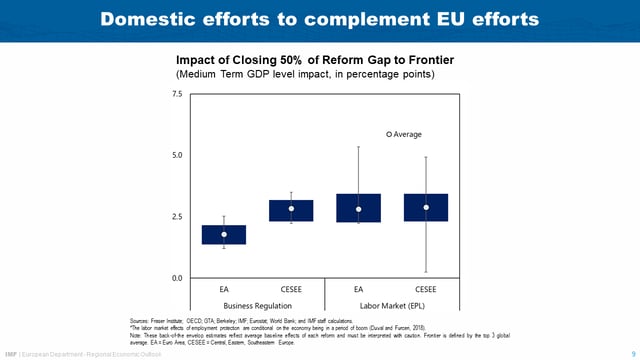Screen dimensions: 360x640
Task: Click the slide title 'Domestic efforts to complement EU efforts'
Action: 320,19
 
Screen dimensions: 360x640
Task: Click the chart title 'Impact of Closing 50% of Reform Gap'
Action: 300,59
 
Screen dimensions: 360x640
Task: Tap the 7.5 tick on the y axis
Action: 177,94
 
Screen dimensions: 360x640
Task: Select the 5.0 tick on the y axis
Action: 177,155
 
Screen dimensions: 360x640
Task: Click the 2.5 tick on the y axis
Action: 177,217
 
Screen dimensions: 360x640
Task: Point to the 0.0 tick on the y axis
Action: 177,278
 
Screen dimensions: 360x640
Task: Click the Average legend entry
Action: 405,133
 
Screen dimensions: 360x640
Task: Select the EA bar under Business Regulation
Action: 224,235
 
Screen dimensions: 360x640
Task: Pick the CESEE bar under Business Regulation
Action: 291,210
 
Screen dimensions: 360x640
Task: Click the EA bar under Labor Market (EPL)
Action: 358,208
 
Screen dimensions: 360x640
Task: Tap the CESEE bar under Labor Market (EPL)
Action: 426,207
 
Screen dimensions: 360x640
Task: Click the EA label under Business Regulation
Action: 224,288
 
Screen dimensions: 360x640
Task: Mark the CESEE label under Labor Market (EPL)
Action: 426,288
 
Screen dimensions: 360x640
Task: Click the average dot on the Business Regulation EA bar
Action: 224,234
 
